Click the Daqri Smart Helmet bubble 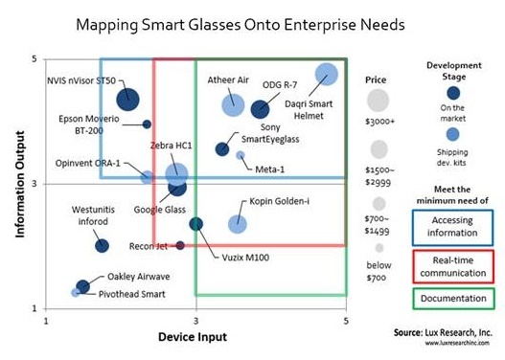click(327, 74)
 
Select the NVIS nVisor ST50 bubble click(128, 99)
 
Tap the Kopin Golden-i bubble click(238, 223)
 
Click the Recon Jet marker click(179, 246)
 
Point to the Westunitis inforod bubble click(103, 246)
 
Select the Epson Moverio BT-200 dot click(147, 124)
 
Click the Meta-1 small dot click(241, 154)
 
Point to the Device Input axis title click(196, 336)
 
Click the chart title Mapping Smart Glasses click(239, 22)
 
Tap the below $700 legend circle click(380, 247)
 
